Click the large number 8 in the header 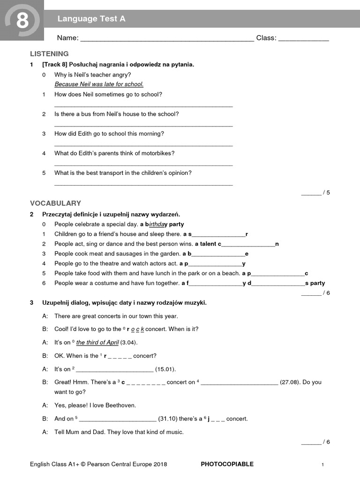pos(22,21)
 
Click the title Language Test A pos(91,19)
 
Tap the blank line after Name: pos(167,40)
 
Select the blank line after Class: pos(303,40)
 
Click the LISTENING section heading pos(49,54)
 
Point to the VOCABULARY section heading pos(55,203)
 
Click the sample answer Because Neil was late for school pos(99,84)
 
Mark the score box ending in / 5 pos(315,192)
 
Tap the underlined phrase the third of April pos(97,343)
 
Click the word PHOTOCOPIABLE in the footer pos(227,464)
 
